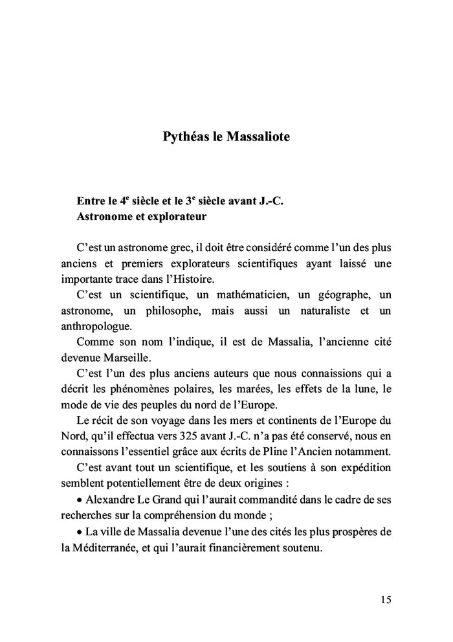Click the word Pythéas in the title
182,138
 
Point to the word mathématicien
241,295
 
